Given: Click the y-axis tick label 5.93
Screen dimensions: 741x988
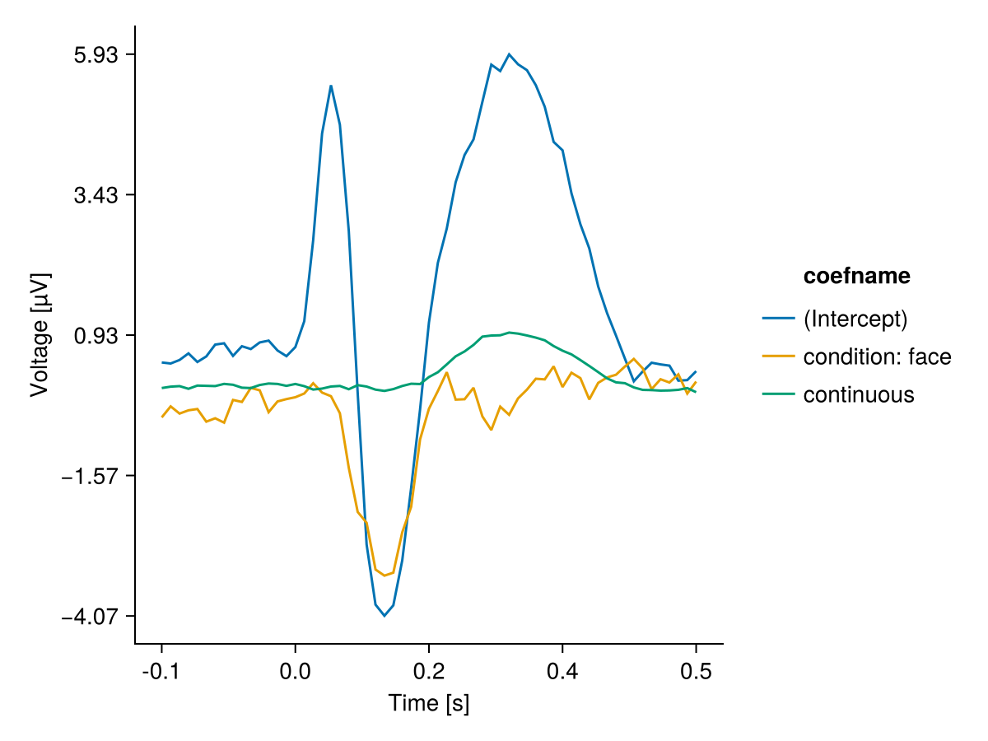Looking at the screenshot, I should (97, 55).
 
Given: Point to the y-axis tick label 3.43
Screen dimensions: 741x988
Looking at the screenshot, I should (97, 195).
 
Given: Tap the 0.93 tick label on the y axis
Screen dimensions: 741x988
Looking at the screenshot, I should (97, 335).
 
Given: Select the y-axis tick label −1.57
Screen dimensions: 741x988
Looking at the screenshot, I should (91, 476).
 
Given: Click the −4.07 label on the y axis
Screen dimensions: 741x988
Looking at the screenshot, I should (91, 616).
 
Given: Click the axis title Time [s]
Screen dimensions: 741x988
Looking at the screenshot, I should (428, 704).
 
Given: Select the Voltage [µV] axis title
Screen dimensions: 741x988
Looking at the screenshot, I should (40, 335).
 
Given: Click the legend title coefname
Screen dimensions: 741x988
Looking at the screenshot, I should (857, 277).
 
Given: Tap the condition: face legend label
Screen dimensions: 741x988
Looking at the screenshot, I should (877, 357).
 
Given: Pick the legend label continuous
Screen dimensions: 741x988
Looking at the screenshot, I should (858, 395).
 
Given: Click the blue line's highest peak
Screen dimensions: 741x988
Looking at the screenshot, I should (510, 54).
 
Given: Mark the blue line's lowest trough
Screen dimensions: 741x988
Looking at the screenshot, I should (384, 616).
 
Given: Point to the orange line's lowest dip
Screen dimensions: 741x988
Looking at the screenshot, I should (384, 576).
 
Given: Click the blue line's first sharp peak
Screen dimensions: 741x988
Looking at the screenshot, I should (331, 86).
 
